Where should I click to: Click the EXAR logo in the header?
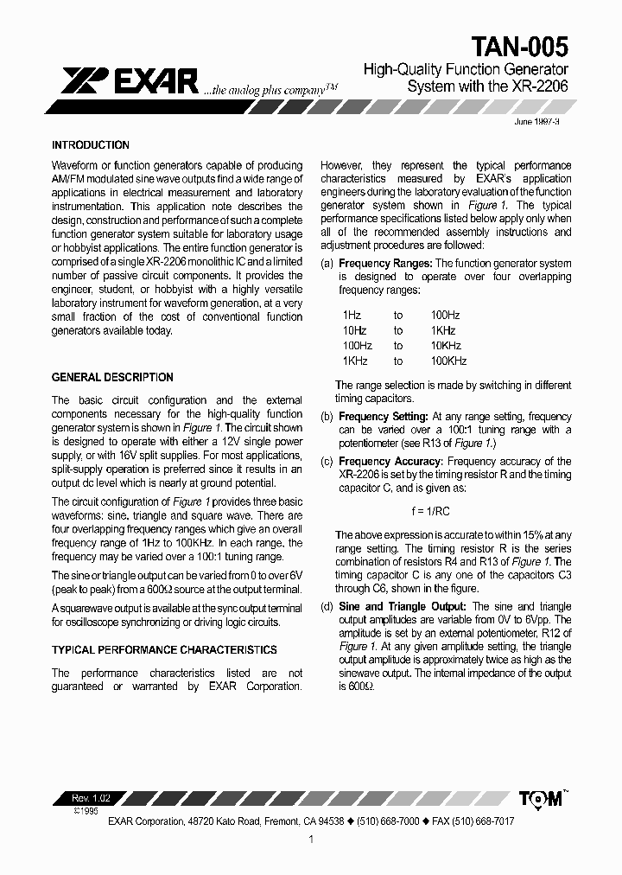(130, 81)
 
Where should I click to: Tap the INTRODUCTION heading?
(91, 145)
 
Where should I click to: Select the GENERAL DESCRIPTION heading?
(112, 378)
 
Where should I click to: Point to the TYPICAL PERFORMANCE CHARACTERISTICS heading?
(164, 650)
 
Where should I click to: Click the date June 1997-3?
(537, 123)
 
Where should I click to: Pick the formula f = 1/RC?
(445, 512)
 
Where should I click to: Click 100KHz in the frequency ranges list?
(448, 361)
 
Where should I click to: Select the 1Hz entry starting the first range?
(352, 315)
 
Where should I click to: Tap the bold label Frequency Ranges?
(385, 264)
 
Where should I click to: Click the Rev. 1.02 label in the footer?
(91, 797)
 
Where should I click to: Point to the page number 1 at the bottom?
(311, 840)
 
